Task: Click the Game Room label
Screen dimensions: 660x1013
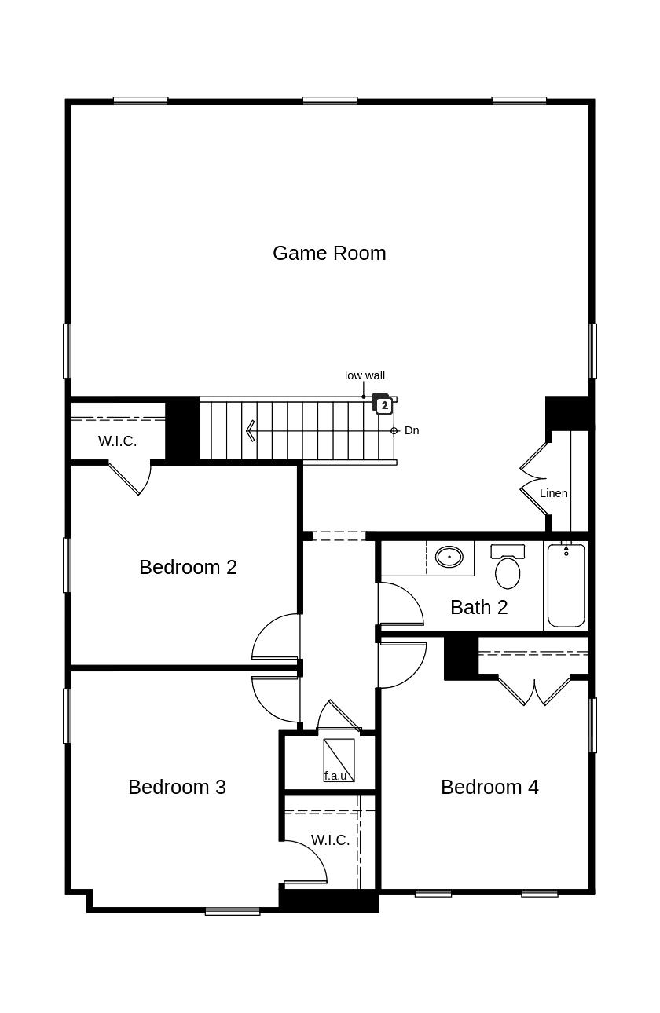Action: pos(329,253)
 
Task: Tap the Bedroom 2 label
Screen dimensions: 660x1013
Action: pos(189,568)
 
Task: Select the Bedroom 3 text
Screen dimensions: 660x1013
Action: pos(178,788)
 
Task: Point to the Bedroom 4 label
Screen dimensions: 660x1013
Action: pos(490,788)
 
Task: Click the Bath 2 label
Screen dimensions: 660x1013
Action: pos(479,607)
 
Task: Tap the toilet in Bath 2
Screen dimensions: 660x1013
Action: pos(508,566)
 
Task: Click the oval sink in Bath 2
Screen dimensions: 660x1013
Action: pos(449,557)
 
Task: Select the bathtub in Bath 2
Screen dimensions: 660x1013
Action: pos(566,586)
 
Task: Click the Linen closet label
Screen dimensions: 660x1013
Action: pos(554,493)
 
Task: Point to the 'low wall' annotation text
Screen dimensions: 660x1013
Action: pos(365,375)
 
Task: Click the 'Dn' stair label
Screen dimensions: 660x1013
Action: pos(412,430)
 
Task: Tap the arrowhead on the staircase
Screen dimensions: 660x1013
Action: pos(250,430)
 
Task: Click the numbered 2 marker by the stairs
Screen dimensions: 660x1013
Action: pos(384,405)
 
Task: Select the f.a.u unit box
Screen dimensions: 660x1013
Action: pos(339,760)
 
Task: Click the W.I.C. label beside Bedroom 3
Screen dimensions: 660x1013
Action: pos(330,840)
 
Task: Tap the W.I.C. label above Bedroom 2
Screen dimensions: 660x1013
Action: pos(118,441)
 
